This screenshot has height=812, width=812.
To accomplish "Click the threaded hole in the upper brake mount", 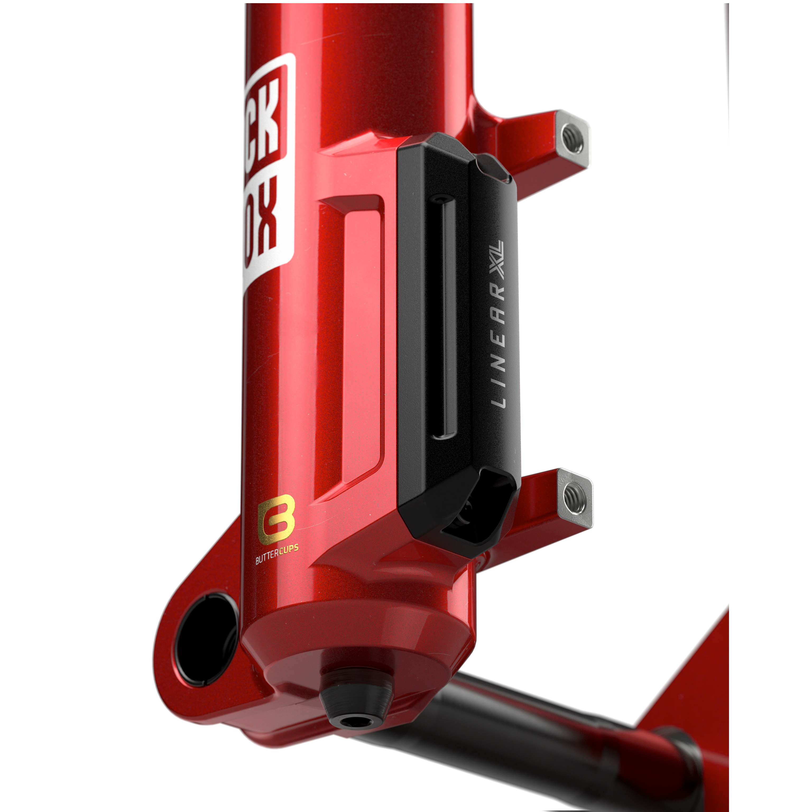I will pyautogui.click(x=573, y=140).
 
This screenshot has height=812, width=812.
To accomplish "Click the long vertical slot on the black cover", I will pyautogui.click(x=445, y=317).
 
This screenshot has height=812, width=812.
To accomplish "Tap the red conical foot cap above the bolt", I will pyautogui.click(x=357, y=639).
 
